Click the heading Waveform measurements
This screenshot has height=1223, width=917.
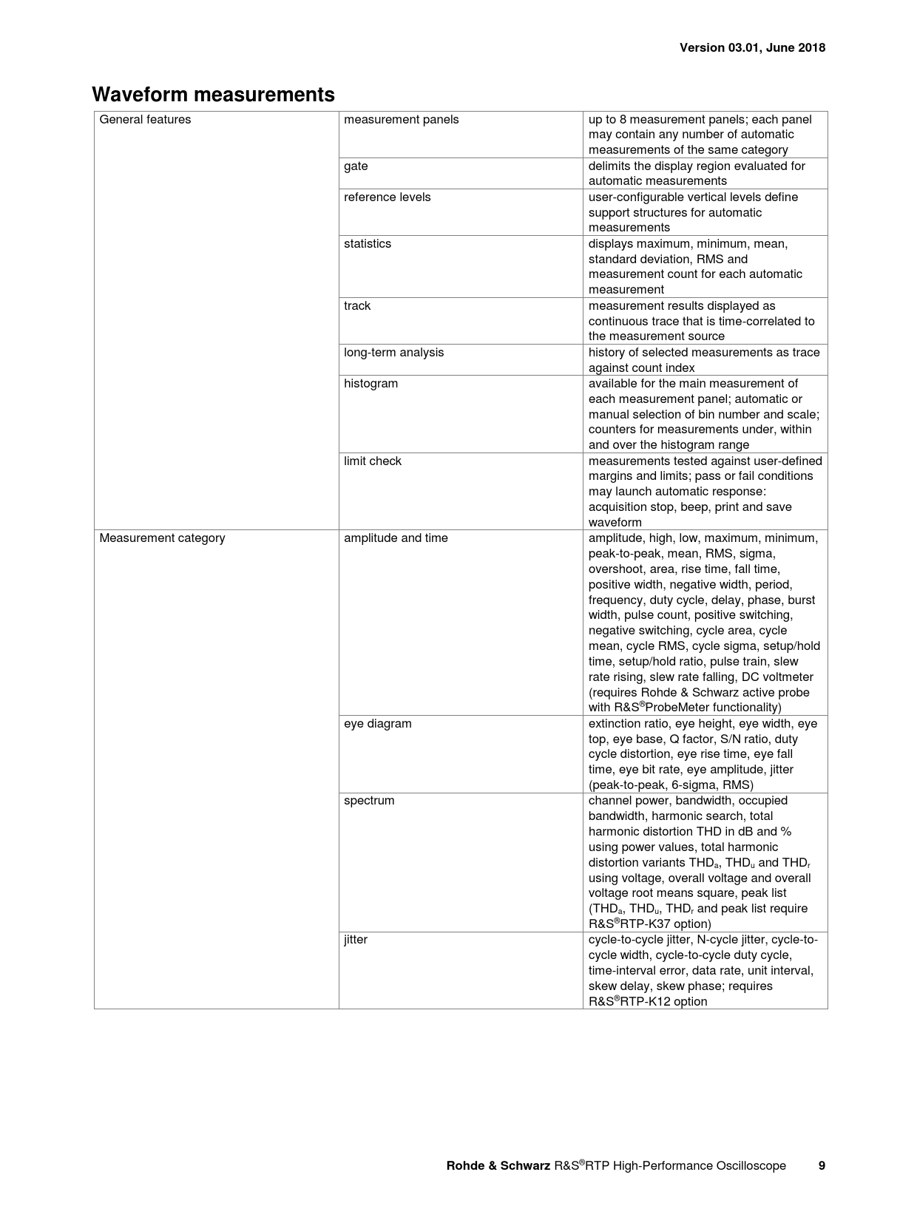tap(213, 95)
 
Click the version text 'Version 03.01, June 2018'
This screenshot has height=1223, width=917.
tap(752, 47)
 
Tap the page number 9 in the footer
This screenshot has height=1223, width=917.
tap(822, 1165)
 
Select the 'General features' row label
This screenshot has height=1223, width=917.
tap(145, 120)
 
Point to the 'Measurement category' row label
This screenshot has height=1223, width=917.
tap(162, 538)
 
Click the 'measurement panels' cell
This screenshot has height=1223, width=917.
tap(401, 120)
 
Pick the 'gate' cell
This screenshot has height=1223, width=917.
tap(356, 166)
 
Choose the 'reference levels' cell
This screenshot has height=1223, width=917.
tap(387, 197)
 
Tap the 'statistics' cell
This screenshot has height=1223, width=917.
tap(368, 244)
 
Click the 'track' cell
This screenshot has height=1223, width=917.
tap(357, 306)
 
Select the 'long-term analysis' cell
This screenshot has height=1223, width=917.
tap(393, 353)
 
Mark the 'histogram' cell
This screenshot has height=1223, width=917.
tap(370, 384)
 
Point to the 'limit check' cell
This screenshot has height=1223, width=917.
tap(373, 461)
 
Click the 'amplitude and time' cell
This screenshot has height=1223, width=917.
tap(396, 538)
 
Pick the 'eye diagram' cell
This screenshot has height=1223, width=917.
tap(378, 724)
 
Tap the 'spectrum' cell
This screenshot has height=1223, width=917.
tap(369, 801)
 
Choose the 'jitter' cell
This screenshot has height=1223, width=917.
tap(356, 940)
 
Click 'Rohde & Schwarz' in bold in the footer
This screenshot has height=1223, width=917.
tap(498, 1166)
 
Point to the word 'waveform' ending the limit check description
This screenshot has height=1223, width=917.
tap(615, 523)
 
